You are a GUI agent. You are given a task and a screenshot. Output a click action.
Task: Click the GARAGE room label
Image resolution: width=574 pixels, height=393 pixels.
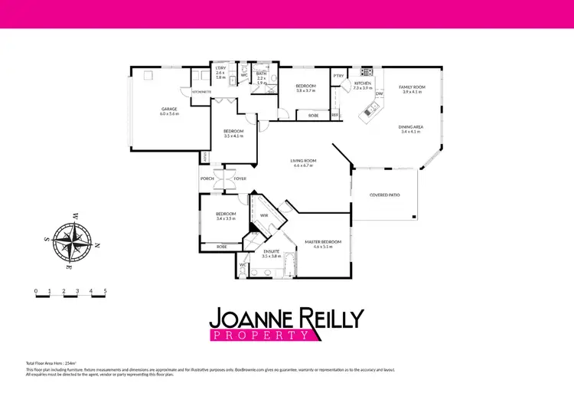(x=169, y=110)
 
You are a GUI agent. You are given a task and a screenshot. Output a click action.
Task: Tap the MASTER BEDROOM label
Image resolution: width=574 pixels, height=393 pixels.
(x=321, y=243)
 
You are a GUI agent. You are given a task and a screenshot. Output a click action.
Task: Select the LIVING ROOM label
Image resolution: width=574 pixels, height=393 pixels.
(x=304, y=161)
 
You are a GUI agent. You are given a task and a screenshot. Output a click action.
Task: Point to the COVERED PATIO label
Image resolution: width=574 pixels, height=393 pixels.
(x=385, y=195)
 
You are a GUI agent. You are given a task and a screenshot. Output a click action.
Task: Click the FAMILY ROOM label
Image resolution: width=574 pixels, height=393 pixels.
(x=412, y=87)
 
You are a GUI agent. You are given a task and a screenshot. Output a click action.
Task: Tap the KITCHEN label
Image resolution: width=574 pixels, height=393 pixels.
(x=363, y=83)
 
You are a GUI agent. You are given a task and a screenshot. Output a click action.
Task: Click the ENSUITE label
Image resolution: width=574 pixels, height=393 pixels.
(x=272, y=251)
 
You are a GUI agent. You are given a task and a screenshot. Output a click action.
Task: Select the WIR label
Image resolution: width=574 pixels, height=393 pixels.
(x=263, y=216)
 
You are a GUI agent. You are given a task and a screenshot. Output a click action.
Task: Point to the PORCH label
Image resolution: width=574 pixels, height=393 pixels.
(x=207, y=178)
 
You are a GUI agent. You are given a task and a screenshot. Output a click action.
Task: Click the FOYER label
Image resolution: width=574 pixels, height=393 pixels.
(x=240, y=178)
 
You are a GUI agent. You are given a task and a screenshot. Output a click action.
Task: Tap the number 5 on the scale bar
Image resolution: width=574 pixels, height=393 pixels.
(x=105, y=291)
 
